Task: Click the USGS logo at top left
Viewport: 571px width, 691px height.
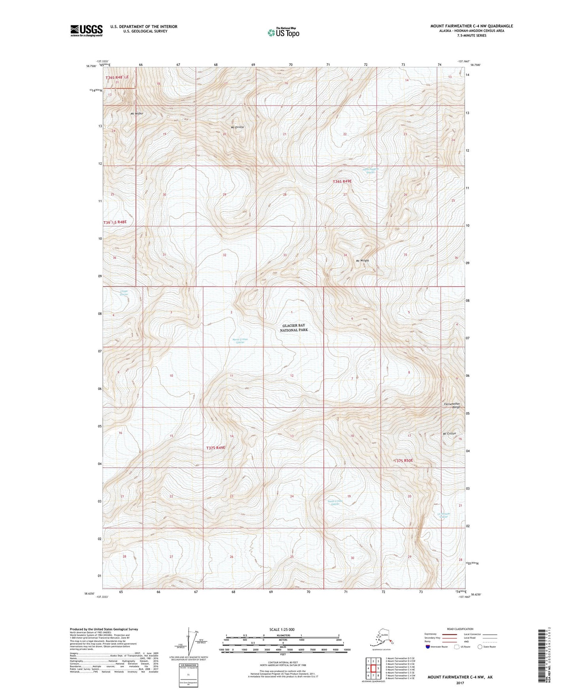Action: click(x=86, y=30)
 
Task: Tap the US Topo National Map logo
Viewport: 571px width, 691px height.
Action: click(x=283, y=32)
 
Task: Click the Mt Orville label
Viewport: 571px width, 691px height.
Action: click(x=237, y=127)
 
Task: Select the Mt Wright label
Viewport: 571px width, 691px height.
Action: click(x=362, y=261)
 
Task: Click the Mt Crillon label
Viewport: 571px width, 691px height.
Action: click(x=449, y=434)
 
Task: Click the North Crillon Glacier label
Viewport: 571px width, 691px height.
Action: click(x=240, y=341)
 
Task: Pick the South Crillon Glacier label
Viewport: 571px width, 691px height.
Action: click(x=335, y=503)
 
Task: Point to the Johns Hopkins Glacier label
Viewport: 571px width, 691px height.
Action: click(x=370, y=171)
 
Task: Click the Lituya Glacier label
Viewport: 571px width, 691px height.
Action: click(x=124, y=293)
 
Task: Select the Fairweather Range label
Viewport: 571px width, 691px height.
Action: click(x=452, y=405)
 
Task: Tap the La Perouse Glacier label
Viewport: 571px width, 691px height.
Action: click(x=444, y=516)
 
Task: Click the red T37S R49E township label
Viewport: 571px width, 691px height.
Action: click(x=216, y=448)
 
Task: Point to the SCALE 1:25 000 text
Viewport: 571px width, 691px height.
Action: click(x=283, y=629)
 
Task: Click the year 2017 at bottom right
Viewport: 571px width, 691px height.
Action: click(x=460, y=683)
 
